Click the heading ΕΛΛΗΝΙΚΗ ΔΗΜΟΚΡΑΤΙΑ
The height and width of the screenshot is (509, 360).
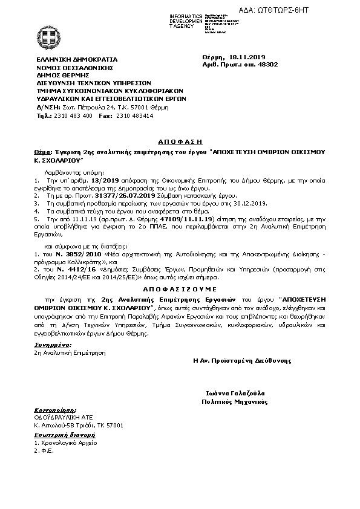[77, 59]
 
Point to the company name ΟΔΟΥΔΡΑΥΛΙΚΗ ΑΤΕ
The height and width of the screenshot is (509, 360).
[61, 417]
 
